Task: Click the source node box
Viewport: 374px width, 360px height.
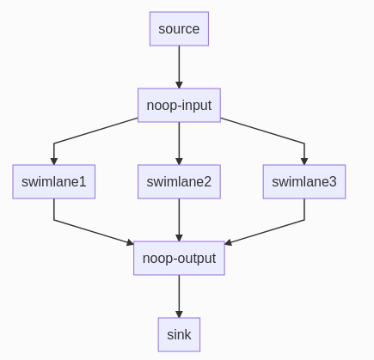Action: coord(179,28)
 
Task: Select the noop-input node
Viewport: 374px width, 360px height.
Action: coord(179,105)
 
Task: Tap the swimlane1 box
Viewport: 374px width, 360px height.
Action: coord(54,181)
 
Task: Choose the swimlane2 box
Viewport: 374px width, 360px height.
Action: coord(179,181)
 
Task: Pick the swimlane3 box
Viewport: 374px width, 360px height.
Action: coord(304,181)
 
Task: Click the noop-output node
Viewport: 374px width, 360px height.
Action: coord(179,258)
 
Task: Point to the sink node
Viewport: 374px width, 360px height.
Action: coord(179,334)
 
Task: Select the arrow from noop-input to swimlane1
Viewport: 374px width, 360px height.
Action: coord(95,131)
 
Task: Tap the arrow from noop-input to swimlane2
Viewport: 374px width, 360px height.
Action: coord(179,142)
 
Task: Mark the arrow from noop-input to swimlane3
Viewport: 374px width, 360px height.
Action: coord(263,131)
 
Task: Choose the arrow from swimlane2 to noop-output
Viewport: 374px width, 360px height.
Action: coord(179,219)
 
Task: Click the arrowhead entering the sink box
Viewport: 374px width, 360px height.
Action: coord(179,314)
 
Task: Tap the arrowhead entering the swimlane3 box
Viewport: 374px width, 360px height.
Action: coord(304,161)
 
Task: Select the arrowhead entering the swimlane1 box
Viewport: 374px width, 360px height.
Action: coord(54,161)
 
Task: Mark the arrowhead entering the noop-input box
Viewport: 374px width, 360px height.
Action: coord(179,84)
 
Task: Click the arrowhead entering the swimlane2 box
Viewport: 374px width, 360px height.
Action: coord(179,161)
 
